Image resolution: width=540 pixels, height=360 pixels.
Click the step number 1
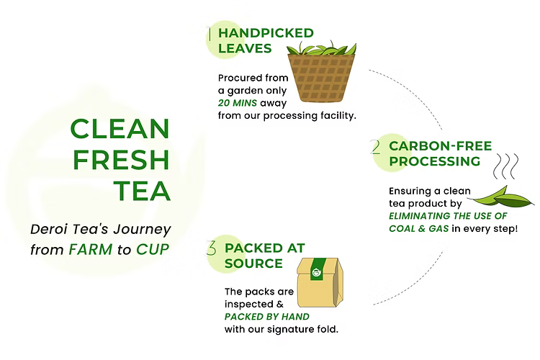[209, 34]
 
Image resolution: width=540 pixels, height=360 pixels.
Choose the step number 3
[212, 249]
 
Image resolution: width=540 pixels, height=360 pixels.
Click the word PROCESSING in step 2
[434, 161]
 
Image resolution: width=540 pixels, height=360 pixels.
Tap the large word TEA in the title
[142, 191]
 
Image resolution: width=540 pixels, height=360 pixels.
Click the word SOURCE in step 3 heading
[253, 264]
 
